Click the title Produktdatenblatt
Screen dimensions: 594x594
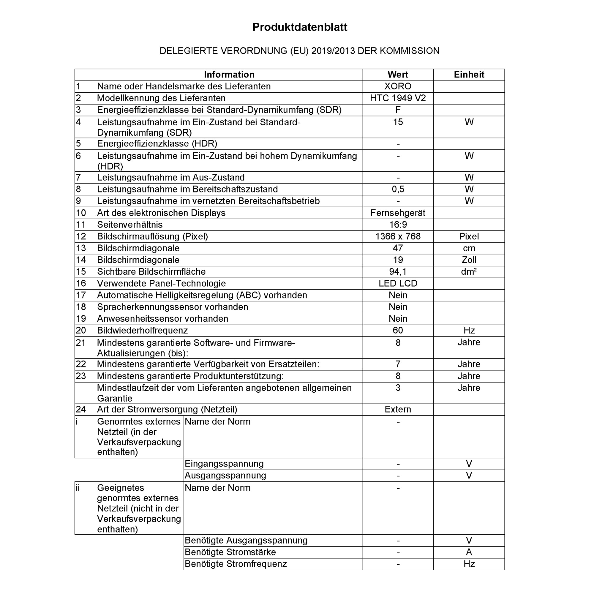300,27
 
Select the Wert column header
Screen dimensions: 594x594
398,75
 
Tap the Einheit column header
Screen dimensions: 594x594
469,75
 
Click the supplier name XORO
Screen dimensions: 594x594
398,86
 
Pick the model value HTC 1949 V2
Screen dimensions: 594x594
398,98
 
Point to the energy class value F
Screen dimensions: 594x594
398,110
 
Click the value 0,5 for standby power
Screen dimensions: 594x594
398,189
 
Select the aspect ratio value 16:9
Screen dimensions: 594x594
398,225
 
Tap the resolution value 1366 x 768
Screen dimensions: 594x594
398,236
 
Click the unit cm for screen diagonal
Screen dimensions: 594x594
469,248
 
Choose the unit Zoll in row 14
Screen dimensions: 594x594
469,260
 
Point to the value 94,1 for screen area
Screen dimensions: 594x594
398,271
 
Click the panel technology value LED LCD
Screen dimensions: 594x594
398,283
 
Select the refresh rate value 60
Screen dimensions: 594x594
398,330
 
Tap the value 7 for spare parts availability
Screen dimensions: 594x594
398,364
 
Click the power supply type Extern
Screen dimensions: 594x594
398,409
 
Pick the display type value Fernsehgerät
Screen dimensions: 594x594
398,213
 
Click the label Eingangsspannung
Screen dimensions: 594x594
224,464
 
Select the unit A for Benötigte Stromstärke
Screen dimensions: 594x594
469,552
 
